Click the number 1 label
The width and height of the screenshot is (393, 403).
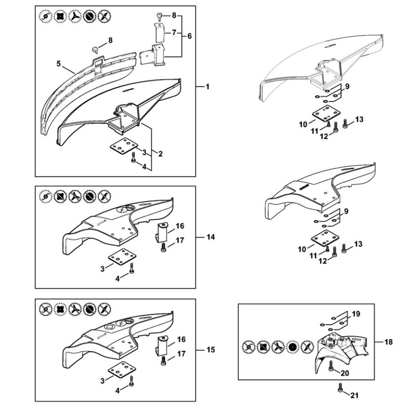207,87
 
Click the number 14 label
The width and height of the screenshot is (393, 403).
210,237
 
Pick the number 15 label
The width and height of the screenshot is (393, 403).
210,350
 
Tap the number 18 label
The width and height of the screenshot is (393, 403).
389,342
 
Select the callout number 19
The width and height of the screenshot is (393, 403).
356,314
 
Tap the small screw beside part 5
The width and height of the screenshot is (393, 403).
96,48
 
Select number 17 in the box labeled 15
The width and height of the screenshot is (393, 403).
181,354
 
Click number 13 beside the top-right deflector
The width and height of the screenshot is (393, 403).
359,119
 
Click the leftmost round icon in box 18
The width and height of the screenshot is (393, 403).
249,346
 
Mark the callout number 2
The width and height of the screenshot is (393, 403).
160,154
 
